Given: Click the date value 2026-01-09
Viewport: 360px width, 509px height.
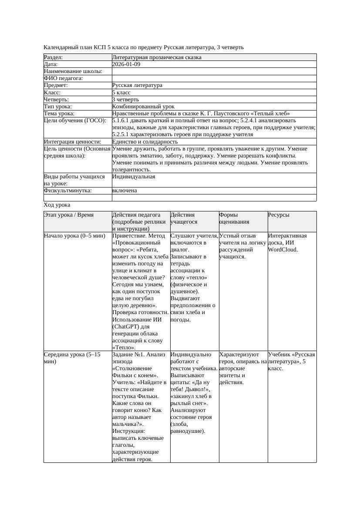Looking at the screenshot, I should tap(126, 64).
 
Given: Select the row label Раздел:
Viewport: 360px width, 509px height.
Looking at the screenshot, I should tap(54, 57).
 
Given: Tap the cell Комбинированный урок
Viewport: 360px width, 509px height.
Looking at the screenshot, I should tap(143, 107).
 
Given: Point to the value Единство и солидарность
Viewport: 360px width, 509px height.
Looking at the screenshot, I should tap(145, 142).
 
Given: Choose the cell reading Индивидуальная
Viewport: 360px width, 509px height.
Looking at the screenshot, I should tap(133, 177).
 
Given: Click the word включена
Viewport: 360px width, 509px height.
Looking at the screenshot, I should tap(124, 191).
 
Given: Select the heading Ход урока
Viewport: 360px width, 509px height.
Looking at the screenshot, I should tap(57, 205).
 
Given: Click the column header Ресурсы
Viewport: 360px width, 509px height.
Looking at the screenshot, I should tap(279, 215).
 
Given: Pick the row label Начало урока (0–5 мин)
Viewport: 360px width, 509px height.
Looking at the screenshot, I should tap(74, 236).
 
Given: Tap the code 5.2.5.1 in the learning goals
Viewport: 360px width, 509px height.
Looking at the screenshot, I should tap(122, 134).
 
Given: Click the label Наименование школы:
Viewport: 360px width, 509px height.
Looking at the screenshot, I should tap(73, 71).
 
